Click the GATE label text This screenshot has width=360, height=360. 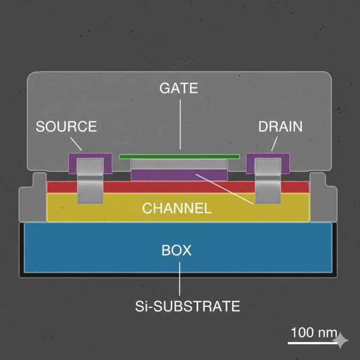pyautogui.click(x=179, y=88)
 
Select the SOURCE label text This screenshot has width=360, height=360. pyautogui.click(x=67, y=127)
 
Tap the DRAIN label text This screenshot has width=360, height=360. pyautogui.click(x=280, y=127)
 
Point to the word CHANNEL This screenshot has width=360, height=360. pyautogui.click(x=177, y=208)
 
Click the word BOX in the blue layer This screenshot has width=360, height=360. pyautogui.click(x=177, y=250)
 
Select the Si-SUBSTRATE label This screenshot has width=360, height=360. pyautogui.click(x=187, y=307)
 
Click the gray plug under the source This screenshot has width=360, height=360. pyautogui.click(x=90, y=187)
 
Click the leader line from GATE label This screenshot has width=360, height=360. pyautogui.click(x=180, y=122)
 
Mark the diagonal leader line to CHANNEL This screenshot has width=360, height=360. pyautogui.click(x=225, y=188)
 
